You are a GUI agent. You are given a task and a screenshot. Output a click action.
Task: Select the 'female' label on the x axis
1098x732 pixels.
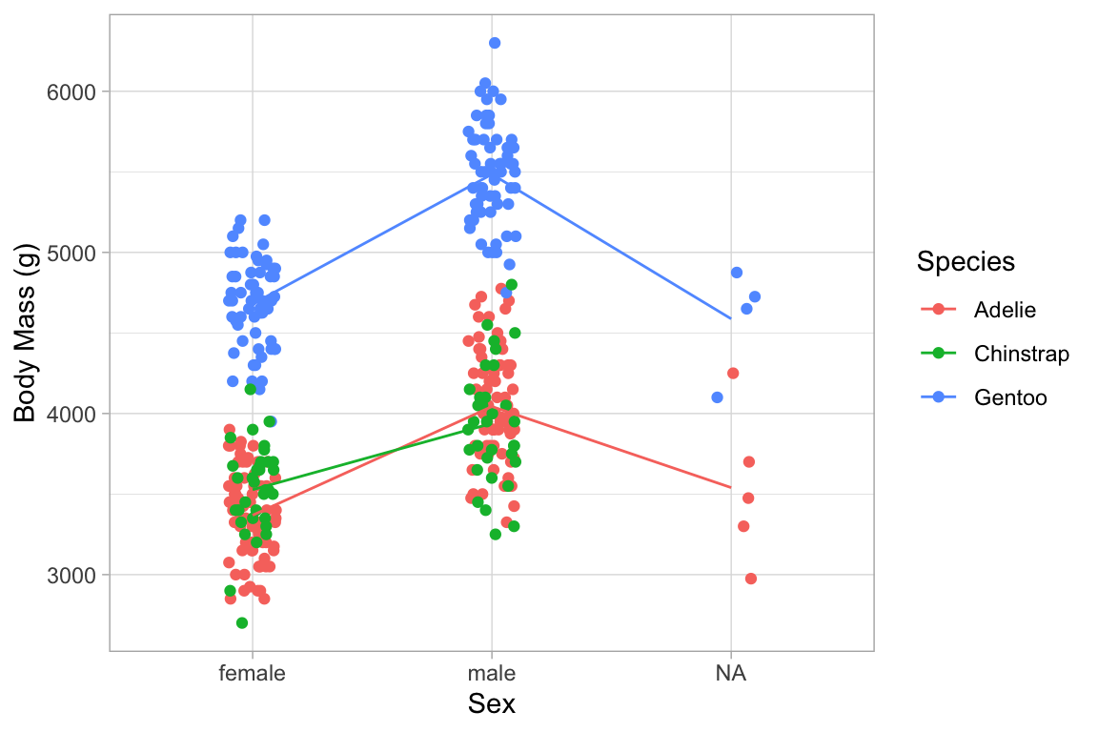coord(252,674)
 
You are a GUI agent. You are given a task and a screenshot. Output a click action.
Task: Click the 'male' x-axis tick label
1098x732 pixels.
coord(492,674)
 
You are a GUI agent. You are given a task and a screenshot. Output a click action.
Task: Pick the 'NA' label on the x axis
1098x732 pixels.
coord(731,674)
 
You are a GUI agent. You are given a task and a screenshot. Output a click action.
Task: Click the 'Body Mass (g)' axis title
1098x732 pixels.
coord(26,334)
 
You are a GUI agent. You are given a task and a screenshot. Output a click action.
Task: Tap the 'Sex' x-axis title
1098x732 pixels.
coord(492,705)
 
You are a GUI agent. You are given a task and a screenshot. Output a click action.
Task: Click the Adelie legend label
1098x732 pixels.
coord(1005,310)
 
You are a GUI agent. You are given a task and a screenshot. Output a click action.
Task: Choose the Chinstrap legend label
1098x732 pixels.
coord(1022,354)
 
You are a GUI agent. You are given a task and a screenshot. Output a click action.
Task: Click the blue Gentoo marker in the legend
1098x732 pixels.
coord(938,397)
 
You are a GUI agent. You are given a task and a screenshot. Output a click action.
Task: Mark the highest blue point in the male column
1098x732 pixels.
coord(495,43)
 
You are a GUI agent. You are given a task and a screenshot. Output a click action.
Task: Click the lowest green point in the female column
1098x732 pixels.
coord(242,622)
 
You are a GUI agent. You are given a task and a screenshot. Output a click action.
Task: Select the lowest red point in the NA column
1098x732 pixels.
coord(751,579)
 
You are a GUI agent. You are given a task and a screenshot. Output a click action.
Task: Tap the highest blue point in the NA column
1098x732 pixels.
coord(736,273)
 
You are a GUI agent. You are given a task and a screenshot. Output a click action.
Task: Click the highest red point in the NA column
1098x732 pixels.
coord(733,373)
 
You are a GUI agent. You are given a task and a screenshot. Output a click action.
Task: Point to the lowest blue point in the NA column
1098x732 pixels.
coord(717,397)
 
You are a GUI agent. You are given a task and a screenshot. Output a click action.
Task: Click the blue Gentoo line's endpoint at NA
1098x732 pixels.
coord(731,319)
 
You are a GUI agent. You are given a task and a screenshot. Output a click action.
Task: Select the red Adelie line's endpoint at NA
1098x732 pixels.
coord(731,488)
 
